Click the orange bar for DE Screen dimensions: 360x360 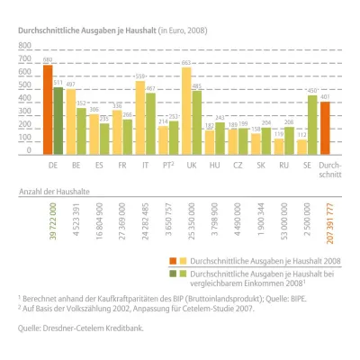tap(48, 108)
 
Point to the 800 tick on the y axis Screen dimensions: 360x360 tap(24, 56)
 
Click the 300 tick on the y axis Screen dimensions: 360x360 tap(24, 113)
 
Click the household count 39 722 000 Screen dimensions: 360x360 tap(53, 223)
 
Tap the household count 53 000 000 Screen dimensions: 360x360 tap(285, 223)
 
